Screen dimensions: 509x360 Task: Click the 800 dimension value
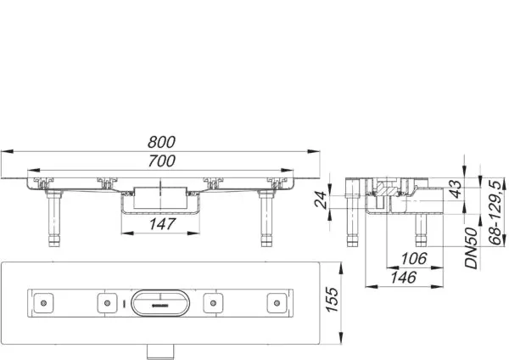point(162,142)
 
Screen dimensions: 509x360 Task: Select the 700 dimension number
point(162,160)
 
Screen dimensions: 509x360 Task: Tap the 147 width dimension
point(162,224)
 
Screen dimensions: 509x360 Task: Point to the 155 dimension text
point(332,300)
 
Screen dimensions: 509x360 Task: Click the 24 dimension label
point(321,200)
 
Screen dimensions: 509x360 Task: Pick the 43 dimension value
point(456,189)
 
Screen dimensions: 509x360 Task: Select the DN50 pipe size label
point(471,248)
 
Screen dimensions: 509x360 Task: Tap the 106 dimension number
point(414,259)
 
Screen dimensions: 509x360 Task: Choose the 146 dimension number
point(403,278)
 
